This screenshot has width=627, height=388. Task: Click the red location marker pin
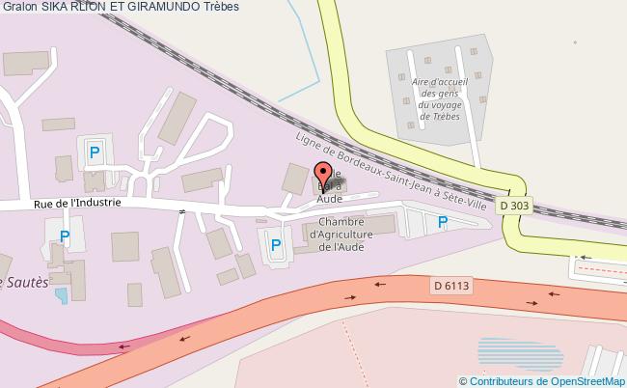[323, 177]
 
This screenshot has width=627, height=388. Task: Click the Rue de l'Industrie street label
[77, 203]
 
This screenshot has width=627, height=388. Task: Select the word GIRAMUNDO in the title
[170, 7]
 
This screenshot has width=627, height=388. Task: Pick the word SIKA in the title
[56, 7]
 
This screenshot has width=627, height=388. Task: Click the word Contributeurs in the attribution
[502, 381]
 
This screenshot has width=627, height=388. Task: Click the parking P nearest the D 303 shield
[443, 223]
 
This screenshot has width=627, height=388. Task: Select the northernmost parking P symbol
[95, 152]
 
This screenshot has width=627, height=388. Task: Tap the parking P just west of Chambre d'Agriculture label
[275, 245]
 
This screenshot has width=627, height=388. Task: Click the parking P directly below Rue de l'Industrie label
[64, 236]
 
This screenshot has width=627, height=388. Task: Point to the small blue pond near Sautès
[61, 293]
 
